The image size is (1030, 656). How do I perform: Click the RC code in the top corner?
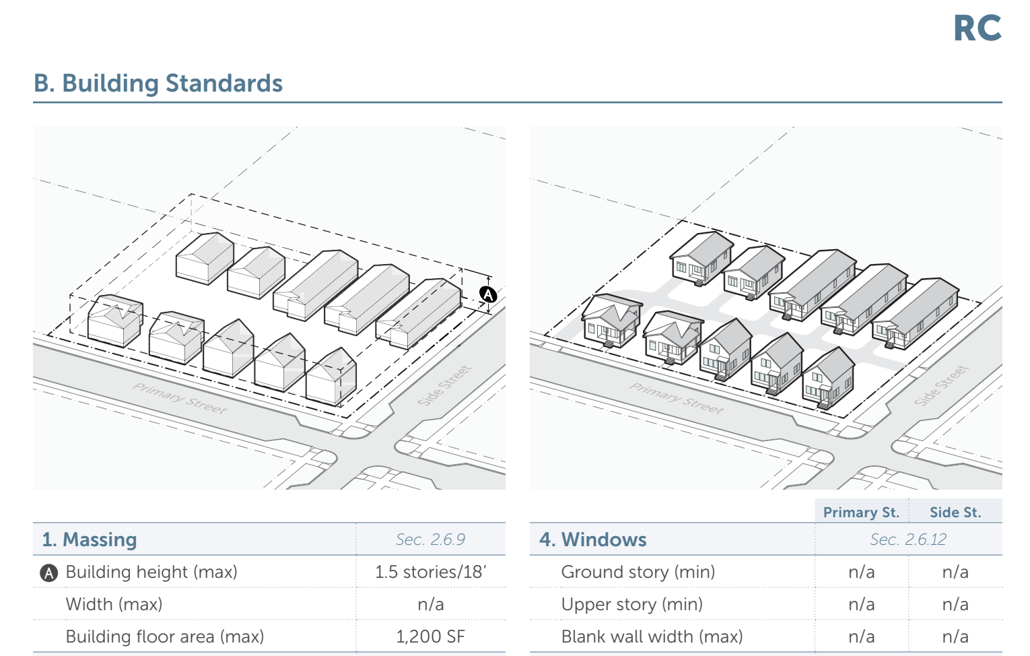(x=977, y=29)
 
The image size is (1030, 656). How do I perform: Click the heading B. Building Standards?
(x=158, y=84)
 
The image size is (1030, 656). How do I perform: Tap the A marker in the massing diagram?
(x=488, y=294)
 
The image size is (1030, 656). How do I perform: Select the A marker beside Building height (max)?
(x=48, y=572)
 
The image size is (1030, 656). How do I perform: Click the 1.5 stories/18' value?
(x=430, y=572)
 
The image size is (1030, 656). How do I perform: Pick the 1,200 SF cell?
(x=430, y=636)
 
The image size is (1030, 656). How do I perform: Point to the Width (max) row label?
(x=114, y=604)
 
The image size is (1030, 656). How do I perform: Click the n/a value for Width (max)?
(x=430, y=604)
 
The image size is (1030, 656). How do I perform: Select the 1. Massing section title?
(x=90, y=539)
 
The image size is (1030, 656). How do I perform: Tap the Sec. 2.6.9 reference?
(x=430, y=539)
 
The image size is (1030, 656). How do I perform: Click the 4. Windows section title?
(x=592, y=539)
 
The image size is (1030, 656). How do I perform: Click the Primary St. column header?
(x=861, y=512)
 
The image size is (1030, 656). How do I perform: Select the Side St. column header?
(x=955, y=512)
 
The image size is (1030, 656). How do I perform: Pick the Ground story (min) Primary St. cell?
(x=861, y=572)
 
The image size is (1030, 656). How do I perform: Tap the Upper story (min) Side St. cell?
(x=955, y=604)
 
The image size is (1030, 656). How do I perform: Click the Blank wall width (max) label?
(x=652, y=636)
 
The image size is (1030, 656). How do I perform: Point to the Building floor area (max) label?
(x=164, y=636)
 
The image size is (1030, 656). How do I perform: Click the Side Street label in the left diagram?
(x=444, y=386)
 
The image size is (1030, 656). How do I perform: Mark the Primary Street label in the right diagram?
(x=676, y=397)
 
